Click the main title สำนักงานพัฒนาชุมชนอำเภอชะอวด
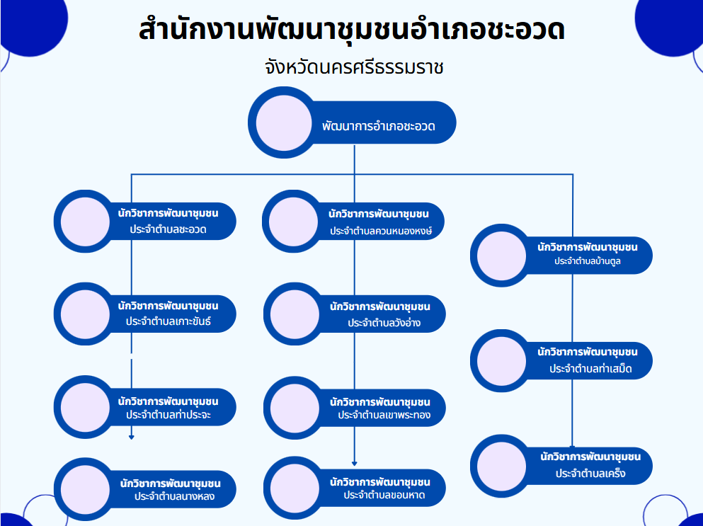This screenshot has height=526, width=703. pos(352,30)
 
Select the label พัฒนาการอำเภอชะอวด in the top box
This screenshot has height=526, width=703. pos(378,127)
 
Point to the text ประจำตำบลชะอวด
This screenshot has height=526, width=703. pos(168,229)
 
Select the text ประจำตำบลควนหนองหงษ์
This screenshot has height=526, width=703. pos(381,231)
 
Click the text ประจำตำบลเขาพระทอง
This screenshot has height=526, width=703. pos(384,414)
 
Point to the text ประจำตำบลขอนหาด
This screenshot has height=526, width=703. pos(384,495)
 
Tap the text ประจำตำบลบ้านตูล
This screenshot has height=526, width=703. pos(588,261)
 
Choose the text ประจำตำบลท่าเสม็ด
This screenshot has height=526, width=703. pos(590,369)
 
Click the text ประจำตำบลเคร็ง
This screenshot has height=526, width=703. pos(590,473)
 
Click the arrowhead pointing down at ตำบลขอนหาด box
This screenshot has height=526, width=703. pos(355,463)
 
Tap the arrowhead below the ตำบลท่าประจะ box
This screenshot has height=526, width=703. pos(132,437)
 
